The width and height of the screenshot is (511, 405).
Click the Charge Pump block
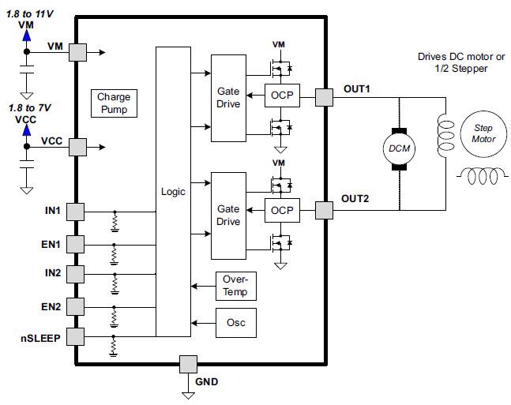[x=114, y=103]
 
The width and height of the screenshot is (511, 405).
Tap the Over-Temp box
[x=235, y=287]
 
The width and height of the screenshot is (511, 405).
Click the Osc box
[x=235, y=322]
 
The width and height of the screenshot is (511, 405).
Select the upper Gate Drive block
[x=228, y=98]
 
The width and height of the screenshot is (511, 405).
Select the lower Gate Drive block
[x=228, y=216]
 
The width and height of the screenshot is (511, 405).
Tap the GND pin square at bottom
[x=188, y=364]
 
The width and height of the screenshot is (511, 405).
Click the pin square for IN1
[x=76, y=212]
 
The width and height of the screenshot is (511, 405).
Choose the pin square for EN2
[x=76, y=305]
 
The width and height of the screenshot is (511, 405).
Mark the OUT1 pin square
[x=324, y=97]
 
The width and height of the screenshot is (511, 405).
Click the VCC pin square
[x=77, y=146]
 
